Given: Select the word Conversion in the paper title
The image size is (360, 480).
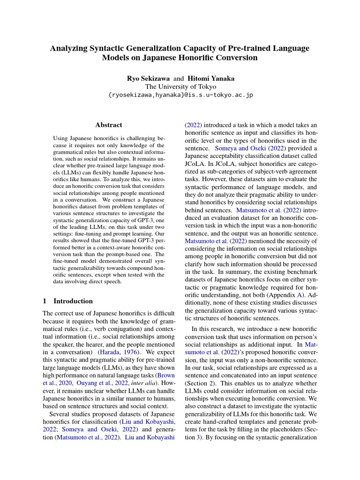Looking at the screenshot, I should click(x=235, y=58).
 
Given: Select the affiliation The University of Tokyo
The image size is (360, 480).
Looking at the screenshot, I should click(x=180, y=86).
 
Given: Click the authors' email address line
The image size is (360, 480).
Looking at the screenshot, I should click(x=180, y=95).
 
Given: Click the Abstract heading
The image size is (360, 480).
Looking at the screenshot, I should click(x=108, y=125).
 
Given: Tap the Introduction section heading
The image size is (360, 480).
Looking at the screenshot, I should click(x=73, y=301).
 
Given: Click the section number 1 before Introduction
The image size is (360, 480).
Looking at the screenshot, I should click(x=45, y=301).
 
